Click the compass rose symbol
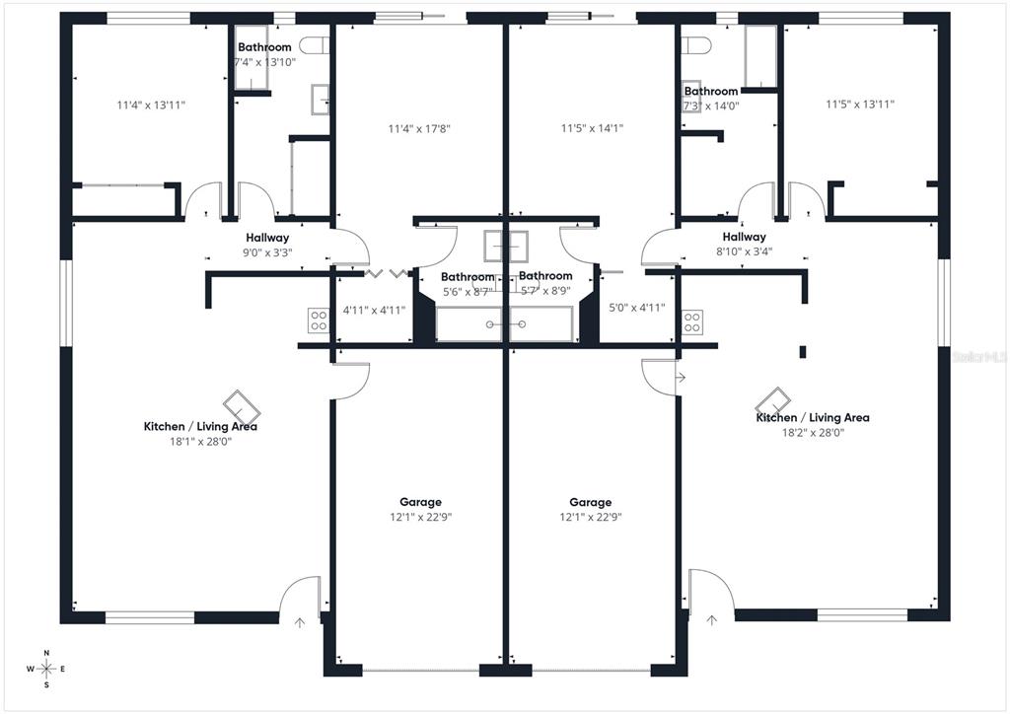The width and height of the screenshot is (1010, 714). (x=46, y=669)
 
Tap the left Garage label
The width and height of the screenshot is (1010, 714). (x=420, y=502)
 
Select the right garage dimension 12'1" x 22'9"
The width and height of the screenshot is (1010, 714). (x=590, y=517)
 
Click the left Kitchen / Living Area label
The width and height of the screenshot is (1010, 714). (x=200, y=426)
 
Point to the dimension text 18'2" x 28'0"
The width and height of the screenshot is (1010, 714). (x=813, y=432)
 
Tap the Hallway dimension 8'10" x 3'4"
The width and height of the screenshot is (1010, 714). (x=744, y=250)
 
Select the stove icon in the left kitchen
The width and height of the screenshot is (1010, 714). (x=319, y=320)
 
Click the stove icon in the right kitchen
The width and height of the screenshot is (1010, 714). (x=692, y=321)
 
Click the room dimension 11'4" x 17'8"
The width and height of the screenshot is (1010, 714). (x=420, y=128)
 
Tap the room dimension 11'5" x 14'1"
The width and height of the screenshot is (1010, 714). (x=592, y=128)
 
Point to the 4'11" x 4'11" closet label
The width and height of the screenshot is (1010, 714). (x=374, y=310)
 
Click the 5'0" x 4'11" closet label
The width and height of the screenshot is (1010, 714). (x=636, y=308)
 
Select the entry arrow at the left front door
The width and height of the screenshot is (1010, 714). (x=300, y=621)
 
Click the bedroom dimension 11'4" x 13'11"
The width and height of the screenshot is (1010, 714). (x=152, y=105)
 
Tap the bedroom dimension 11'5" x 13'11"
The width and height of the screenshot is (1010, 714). (x=860, y=104)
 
